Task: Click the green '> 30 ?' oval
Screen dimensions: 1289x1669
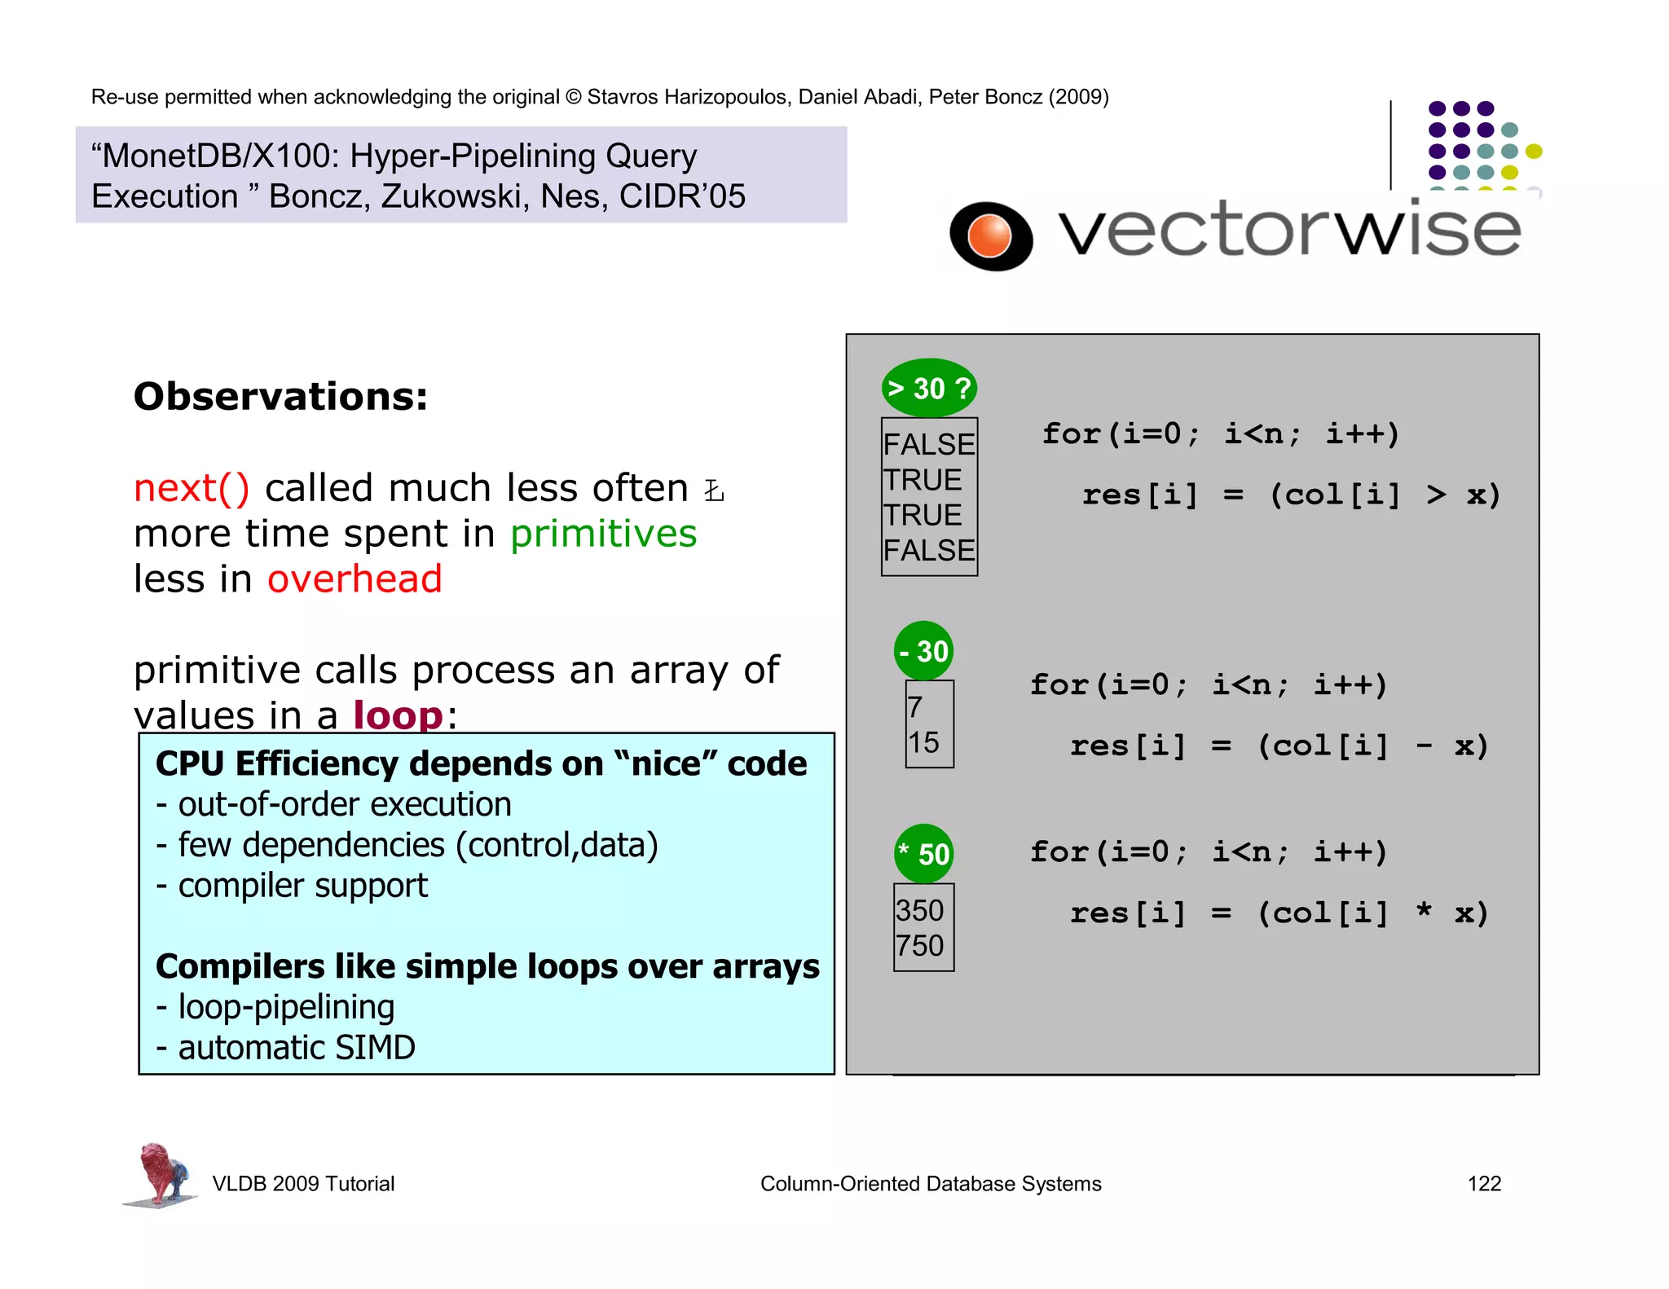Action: [x=929, y=388]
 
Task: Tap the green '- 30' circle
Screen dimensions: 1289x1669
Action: [x=923, y=651]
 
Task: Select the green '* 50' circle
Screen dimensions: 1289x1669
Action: [x=923, y=853]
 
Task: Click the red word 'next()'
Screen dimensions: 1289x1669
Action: [x=192, y=488]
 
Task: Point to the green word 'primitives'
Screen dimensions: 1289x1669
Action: [x=603, y=534]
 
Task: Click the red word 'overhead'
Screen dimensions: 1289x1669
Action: [x=354, y=579]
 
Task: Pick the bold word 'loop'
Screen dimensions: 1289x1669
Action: [x=398, y=715]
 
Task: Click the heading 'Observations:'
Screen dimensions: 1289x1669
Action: [x=280, y=397]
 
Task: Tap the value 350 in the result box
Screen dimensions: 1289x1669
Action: [x=919, y=910]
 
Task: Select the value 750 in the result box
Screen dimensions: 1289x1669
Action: [x=919, y=945]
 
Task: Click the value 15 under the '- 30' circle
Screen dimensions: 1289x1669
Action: [x=923, y=742]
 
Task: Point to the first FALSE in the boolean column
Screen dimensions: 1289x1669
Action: [x=929, y=444]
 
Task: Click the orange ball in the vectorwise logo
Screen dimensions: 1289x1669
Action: [x=989, y=235]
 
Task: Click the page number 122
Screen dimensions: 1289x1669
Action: [x=1483, y=1183]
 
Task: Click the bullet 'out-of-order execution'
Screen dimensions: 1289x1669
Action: [x=344, y=804]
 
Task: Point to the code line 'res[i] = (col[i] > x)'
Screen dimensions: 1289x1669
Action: [x=1290, y=495]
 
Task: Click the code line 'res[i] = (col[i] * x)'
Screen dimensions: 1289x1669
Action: [x=1279, y=913]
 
